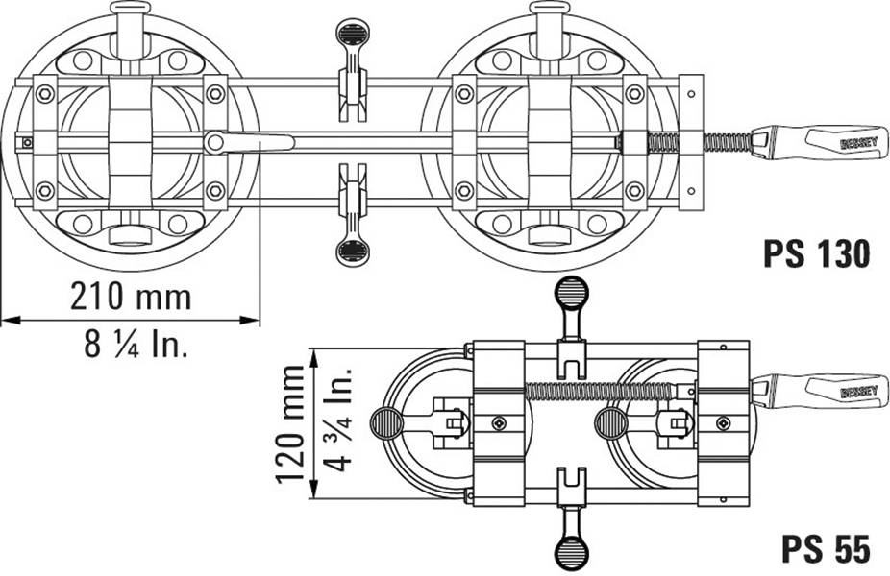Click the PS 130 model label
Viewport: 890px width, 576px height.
click(x=816, y=253)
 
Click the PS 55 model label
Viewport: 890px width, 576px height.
click(x=826, y=548)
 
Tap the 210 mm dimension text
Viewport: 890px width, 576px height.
click(x=131, y=296)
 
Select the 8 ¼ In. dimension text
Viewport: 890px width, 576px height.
click(x=136, y=344)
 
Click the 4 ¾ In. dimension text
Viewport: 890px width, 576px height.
click(x=338, y=419)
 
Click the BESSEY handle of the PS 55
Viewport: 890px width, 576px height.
click(x=819, y=390)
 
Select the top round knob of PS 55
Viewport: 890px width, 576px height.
click(x=572, y=292)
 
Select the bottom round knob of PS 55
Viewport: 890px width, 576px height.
click(x=572, y=549)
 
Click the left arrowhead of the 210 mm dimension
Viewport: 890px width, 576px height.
click(x=11, y=321)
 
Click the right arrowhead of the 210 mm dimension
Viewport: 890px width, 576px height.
click(x=250, y=321)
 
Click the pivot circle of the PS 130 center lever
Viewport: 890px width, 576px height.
click(x=214, y=142)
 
